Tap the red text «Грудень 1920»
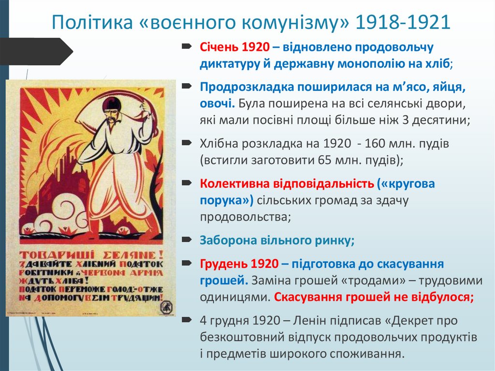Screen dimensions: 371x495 pos(239,264)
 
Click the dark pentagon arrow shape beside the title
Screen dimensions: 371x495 pos(36,51)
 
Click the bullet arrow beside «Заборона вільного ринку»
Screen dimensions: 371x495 pos(187,239)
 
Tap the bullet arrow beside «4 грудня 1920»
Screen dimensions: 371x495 pos(187,320)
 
